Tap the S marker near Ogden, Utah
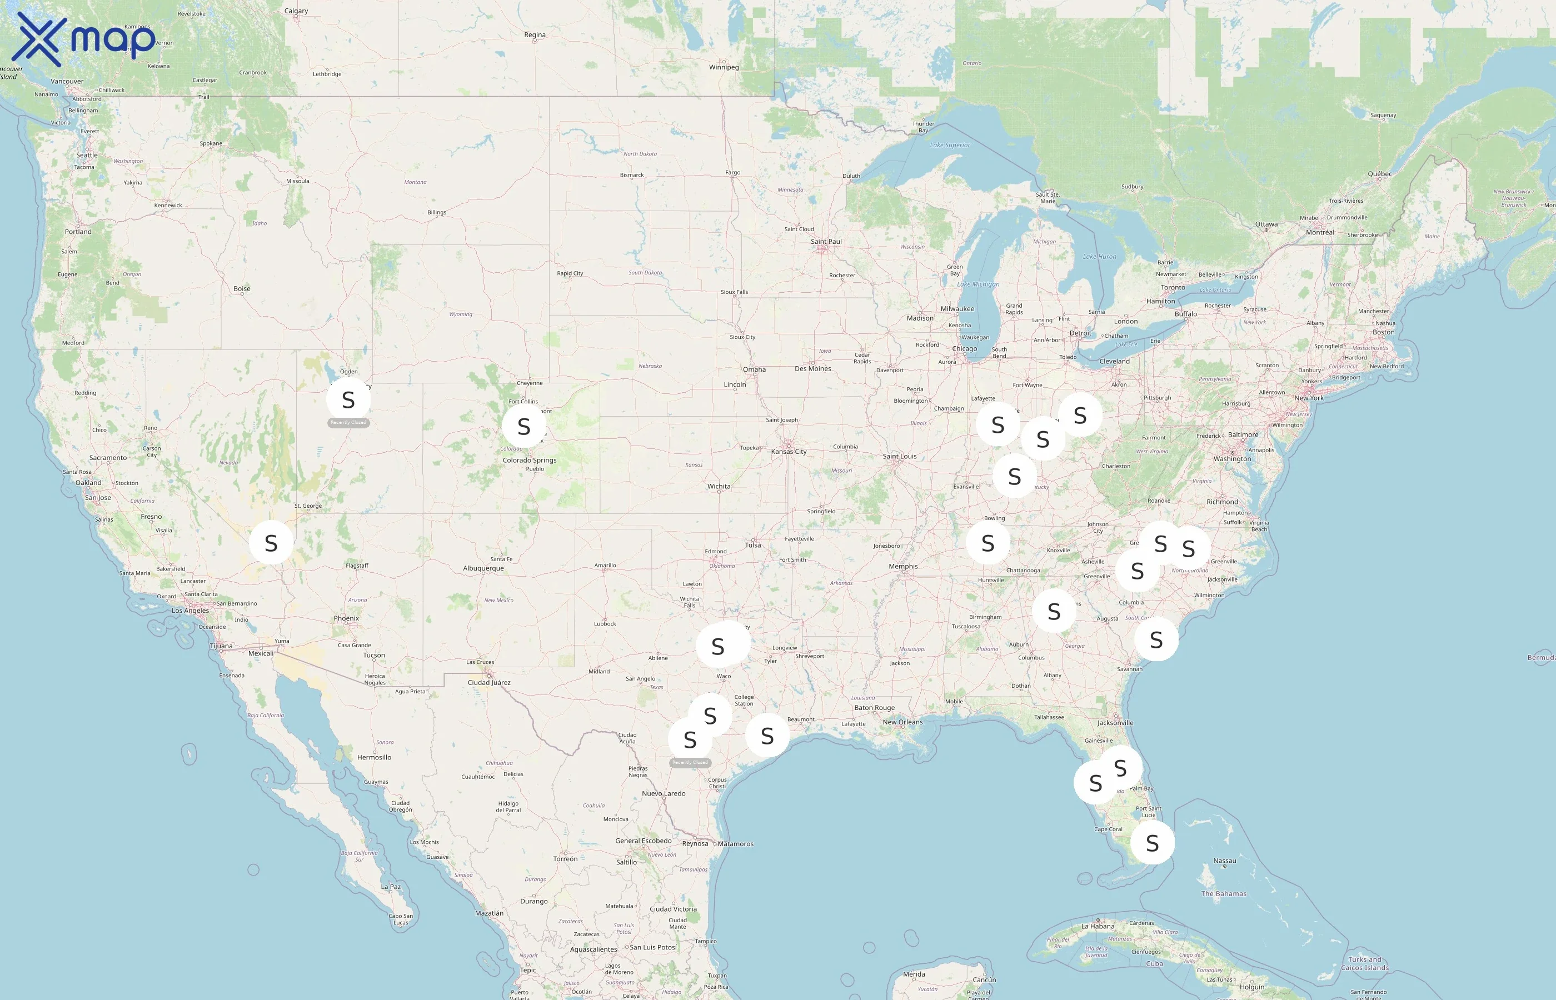tap(348, 399)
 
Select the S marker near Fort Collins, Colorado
tap(524, 426)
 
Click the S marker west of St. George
tap(271, 542)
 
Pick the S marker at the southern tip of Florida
tap(1152, 843)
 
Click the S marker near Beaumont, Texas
tap(767, 736)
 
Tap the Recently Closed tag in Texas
tap(690, 762)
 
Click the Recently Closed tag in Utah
tap(348, 423)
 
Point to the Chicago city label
tap(964, 349)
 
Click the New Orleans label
tap(902, 722)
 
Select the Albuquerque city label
tap(483, 568)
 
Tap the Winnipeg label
tap(724, 67)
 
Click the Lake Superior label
tap(950, 145)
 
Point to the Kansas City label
tap(789, 451)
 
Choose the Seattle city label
tap(87, 155)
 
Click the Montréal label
tap(1320, 232)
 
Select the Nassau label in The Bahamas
tap(1224, 861)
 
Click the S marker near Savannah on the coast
tap(1156, 639)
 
